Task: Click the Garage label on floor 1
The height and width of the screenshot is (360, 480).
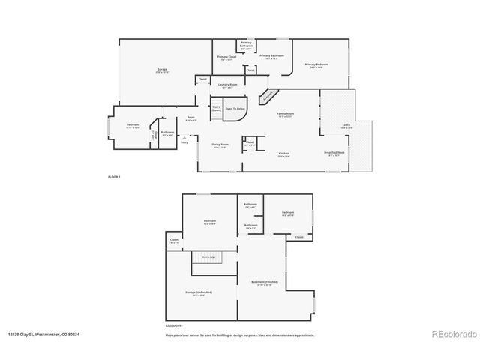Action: click(163, 70)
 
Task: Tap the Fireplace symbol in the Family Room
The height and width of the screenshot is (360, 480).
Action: click(267, 97)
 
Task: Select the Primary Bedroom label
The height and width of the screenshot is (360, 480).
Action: click(317, 65)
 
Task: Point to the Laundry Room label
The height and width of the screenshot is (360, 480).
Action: click(228, 85)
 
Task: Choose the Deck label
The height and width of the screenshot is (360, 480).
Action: click(346, 126)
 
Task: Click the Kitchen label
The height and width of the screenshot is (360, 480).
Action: click(284, 154)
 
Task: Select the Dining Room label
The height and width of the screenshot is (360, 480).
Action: click(220, 145)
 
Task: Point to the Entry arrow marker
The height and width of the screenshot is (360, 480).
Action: click(193, 137)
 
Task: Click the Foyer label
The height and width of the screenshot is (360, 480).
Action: click(191, 118)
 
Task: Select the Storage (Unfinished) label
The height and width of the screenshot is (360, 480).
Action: click(199, 292)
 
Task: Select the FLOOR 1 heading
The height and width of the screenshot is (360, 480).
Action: click(114, 175)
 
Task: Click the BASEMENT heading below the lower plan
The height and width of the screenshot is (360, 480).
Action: click(173, 326)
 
